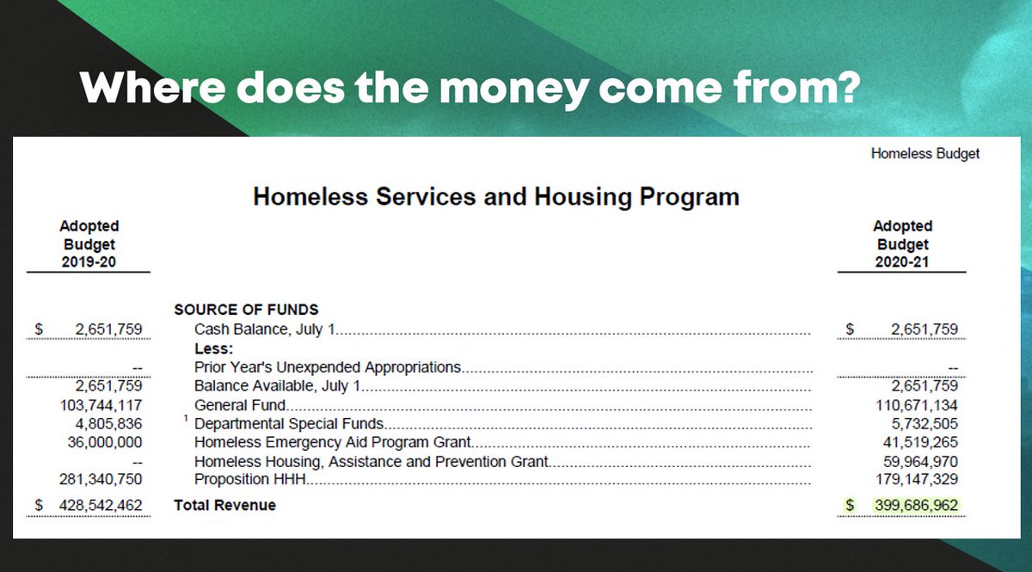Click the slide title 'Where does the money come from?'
click(x=470, y=89)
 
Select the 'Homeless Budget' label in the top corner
click(x=924, y=154)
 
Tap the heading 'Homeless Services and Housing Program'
click(x=495, y=197)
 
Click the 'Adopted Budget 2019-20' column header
click(x=89, y=244)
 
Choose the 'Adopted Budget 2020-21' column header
click(x=902, y=244)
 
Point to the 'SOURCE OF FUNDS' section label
click(x=246, y=310)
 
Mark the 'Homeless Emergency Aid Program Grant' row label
click(x=332, y=443)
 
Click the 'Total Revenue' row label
click(x=224, y=505)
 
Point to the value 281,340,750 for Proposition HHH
click(x=101, y=479)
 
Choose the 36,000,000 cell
click(x=105, y=443)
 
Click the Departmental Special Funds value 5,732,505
click(x=924, y=424)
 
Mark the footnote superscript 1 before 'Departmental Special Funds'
click(x=185, y=419)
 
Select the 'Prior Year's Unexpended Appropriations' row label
click(x=328, y=367)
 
